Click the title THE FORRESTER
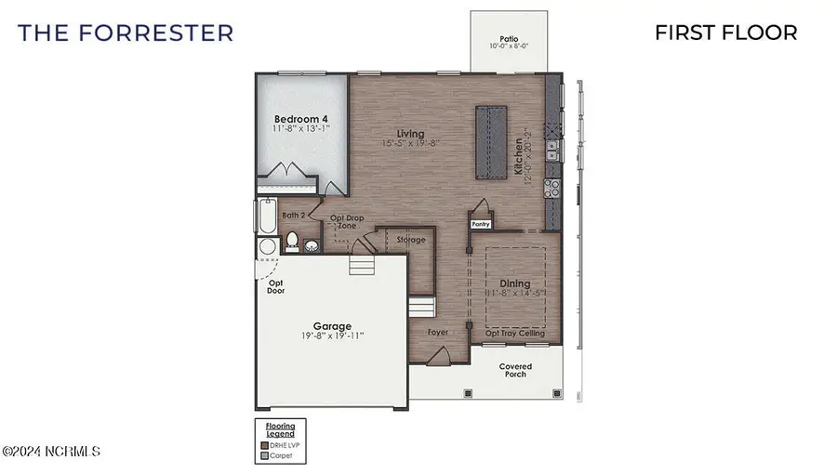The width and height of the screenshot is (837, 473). point(126,33)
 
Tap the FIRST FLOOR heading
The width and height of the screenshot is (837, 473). point(725,33)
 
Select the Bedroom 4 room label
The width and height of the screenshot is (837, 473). point(301,119)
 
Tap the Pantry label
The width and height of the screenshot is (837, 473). point(481,223)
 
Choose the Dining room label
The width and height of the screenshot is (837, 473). point(514,283)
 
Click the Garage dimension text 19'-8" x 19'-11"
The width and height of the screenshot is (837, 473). point(332,335)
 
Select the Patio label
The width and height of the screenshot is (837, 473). point(508,37)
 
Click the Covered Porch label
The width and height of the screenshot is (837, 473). point(514,370)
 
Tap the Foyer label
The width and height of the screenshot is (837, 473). point(438,332)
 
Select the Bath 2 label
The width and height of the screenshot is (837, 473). point(294,217)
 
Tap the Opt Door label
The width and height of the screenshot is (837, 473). point(275,286)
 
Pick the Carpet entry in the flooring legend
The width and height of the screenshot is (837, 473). point(281,456)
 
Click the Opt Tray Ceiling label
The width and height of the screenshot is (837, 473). point(515,333)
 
